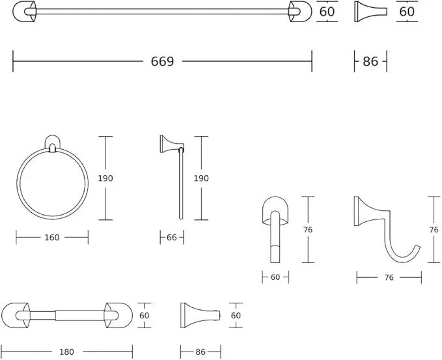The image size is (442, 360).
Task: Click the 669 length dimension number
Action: (x=162, y=61)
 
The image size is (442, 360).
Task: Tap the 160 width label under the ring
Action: (x=52, y=238)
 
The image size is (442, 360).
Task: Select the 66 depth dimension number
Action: (x=172, y=238)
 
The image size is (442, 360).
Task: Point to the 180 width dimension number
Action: (x=67, y=352)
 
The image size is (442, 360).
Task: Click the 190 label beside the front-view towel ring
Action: (x=105, y=178)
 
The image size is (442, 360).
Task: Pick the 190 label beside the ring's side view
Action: (x=201, y=178)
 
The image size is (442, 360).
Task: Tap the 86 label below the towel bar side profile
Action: (x=370, y=61)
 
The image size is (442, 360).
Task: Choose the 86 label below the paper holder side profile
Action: (x=200, y=352)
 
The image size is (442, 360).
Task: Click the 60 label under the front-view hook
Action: (x=275, y=277)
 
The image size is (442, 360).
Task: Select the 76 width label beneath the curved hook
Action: (x=389, y=278)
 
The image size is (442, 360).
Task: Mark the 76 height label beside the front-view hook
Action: (x=308, y=230)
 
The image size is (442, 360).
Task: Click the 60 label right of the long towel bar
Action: (x=327, y=12)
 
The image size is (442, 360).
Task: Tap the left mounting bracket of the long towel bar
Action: (x=25, y=12)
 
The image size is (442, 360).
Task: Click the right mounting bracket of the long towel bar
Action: (x=300, y=12)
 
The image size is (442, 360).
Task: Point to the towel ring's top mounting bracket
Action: (x=53, y=144)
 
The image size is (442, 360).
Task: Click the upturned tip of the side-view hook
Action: (x=418, y=247)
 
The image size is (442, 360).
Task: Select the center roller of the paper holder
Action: (x=80, y=316)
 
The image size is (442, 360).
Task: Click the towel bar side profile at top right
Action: (x=370, y=12)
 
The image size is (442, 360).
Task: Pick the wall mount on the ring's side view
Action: (x=172, y=144)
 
